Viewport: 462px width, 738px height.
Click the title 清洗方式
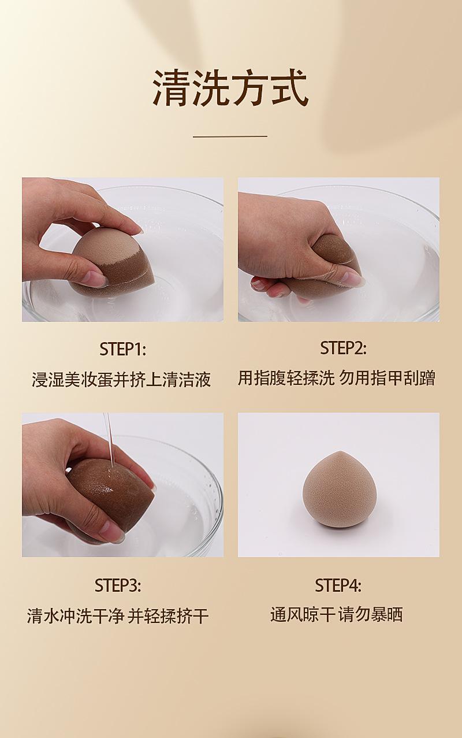230,88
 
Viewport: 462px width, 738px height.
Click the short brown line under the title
230,136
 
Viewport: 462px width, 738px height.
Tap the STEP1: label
122,349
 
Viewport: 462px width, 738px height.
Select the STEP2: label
343,348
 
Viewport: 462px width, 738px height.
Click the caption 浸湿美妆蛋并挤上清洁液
121,379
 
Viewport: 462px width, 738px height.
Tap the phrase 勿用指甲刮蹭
388,378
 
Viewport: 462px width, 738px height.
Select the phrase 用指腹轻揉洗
286,378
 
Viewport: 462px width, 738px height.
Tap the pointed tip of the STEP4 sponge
336,451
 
